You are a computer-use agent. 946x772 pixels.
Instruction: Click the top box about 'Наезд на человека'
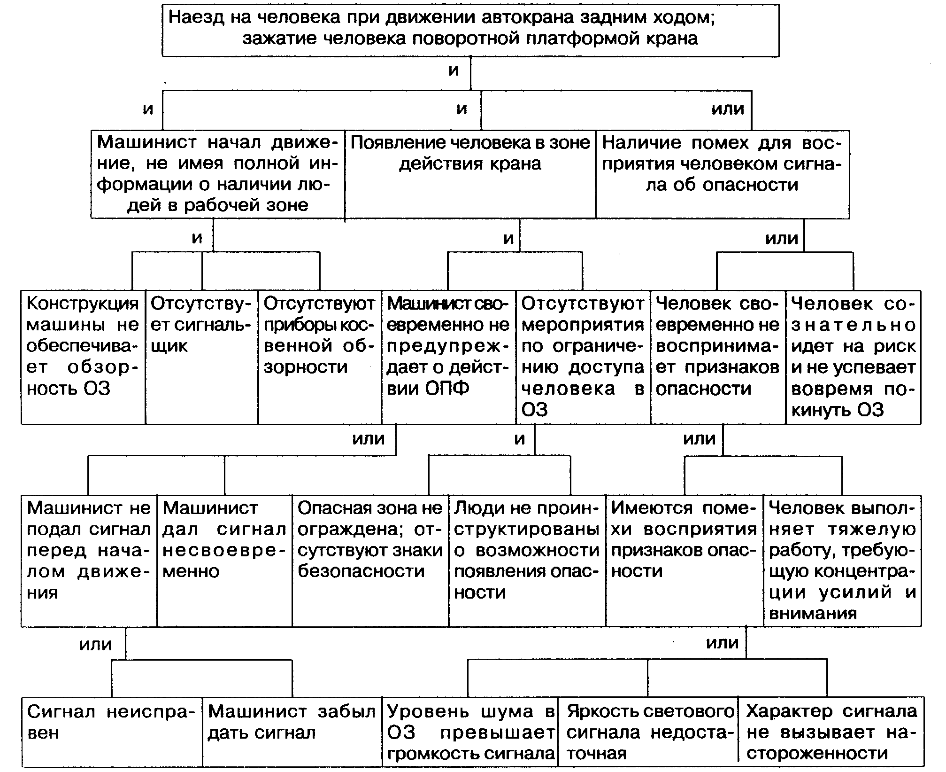[x=470, y=31]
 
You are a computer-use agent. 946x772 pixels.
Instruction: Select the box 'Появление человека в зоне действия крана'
[x=470, y=174]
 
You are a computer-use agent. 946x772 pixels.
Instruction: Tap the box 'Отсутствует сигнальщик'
[x=202, y=357]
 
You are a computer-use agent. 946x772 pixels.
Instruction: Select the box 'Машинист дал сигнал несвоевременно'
[x=224, y=561]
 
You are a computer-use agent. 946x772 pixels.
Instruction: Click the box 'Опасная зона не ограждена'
[x=370, y=561]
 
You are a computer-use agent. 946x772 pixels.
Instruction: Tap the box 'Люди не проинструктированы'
[x=527, y=561]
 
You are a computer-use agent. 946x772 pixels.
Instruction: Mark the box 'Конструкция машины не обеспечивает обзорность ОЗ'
[x=83, y=357]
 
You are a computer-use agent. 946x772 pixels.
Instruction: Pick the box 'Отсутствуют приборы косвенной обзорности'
[x=320, y=357]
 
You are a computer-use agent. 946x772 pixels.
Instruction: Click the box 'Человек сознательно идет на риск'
[x=854, y=357]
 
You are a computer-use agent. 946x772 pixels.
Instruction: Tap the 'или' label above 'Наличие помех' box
[x=728, y=109]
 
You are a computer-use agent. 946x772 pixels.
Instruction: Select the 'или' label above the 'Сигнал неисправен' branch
[x=96, y=644]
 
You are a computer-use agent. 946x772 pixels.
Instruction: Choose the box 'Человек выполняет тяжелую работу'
[x=843, y=561]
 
